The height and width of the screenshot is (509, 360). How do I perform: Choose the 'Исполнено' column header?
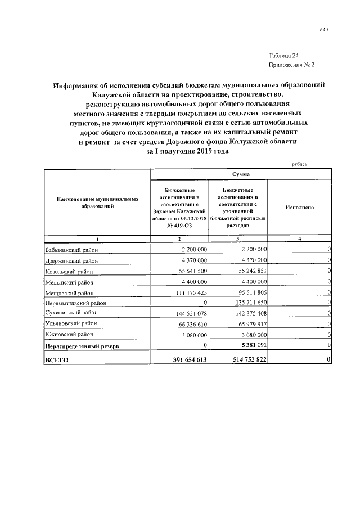299,208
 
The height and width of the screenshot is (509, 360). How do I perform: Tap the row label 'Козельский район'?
71,271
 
